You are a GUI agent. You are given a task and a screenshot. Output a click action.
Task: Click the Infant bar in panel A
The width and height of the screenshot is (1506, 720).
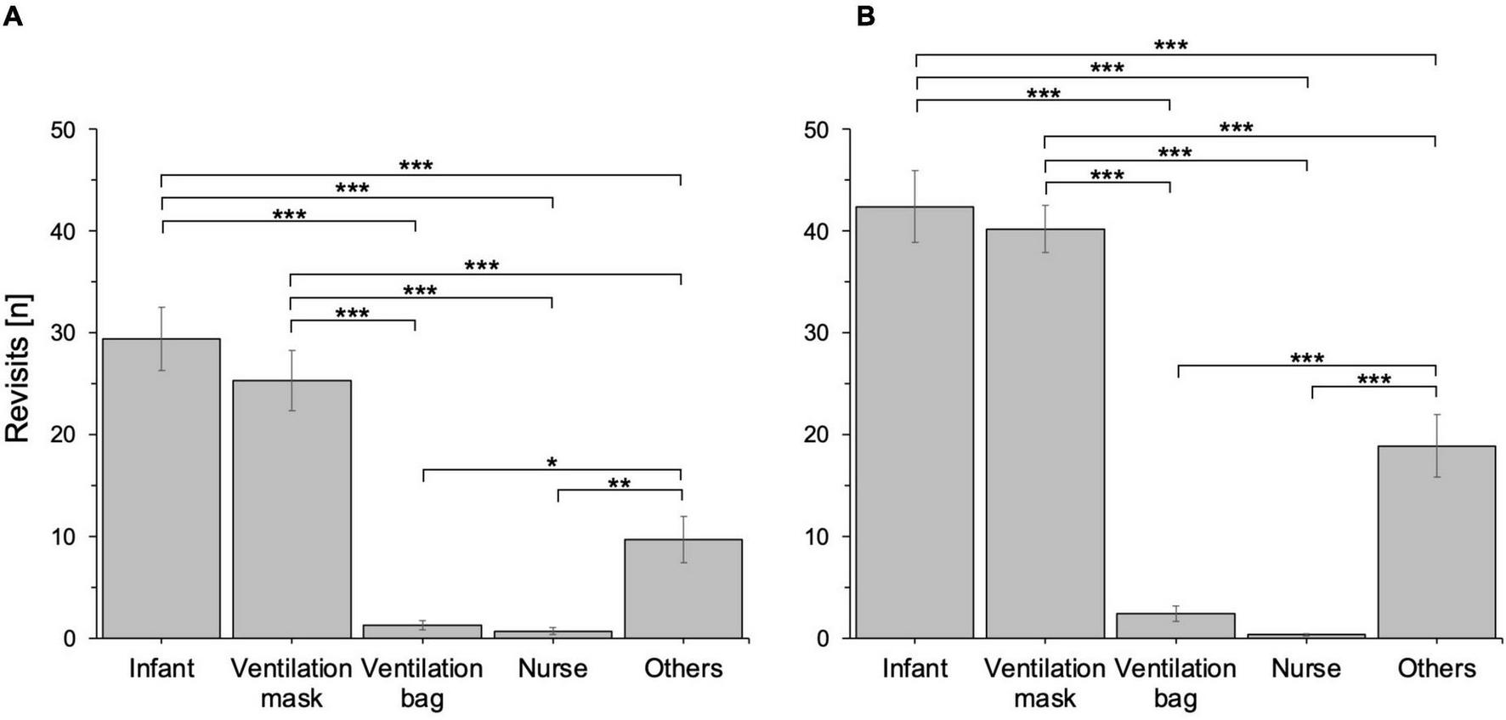161,489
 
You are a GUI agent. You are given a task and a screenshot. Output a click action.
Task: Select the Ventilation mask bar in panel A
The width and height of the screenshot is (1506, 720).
292,510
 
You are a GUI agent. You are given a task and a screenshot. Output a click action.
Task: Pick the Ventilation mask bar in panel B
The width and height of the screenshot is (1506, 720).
1045,434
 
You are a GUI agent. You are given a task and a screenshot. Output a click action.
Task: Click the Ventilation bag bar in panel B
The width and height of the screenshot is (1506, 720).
1175,626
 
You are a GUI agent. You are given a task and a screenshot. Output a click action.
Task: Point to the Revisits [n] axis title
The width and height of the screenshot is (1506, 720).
18,367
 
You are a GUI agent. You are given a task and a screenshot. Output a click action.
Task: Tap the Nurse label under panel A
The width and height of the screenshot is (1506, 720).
552,669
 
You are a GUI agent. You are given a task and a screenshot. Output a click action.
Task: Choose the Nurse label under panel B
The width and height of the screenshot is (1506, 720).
1305,669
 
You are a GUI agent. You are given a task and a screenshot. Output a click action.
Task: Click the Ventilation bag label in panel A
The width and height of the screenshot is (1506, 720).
422,683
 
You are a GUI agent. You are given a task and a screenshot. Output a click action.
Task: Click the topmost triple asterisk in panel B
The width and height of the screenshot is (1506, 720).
1170,46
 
